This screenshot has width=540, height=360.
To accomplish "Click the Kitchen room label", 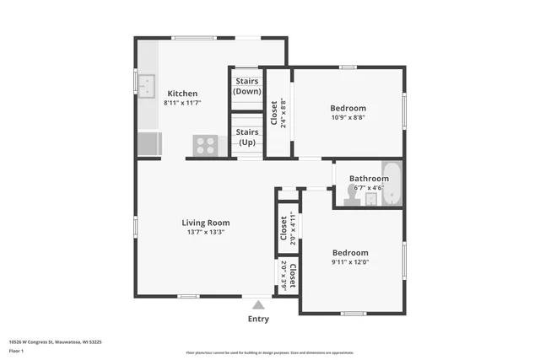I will pyautogui.click(x=182, y=94).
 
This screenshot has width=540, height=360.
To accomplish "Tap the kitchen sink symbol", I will pyautogui.click(x=147, y=85).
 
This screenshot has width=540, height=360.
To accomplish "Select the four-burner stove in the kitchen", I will pyautogui.click(x=206, y=145).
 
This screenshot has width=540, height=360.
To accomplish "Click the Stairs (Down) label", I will pyautogui.click(x=247, y=86).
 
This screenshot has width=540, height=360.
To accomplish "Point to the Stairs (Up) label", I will pyautogui.click(x=247, y=137).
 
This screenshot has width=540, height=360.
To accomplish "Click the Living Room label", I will pyautogui.click(x=206, y=223).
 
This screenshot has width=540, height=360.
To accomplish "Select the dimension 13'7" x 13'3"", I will pyautogui.click(x=206, y=232).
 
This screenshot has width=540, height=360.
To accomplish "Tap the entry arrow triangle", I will pyautogui.click(x=258, y=305).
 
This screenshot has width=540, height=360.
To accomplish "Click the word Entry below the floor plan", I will pyautogui.click(x=258, y=319).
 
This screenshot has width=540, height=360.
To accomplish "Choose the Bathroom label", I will pyautogui.click(x=370, y=179).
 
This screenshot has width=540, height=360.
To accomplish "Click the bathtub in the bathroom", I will pyautogui.click(x=393, y=185).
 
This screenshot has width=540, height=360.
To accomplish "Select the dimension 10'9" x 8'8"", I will pyautogui.click(x=348, y=118).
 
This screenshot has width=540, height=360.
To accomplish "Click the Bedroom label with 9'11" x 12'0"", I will pyautogui.click(x=349, y=253).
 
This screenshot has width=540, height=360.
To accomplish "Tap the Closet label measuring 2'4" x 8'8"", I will pyautogui.click(x=274, y=112).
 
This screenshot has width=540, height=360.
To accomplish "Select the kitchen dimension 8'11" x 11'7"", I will pyautogui.click(x=182, y=103).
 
